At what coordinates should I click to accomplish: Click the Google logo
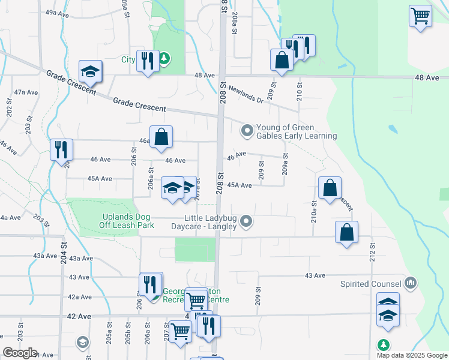point(20,353)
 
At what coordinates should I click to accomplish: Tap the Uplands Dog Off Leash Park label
point(127,220)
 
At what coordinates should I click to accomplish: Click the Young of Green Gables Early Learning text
point(297,131)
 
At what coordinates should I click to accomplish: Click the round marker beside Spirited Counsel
point(411,282)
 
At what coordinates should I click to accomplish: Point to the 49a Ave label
point(55,12)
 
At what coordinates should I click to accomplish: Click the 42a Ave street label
point(80,297)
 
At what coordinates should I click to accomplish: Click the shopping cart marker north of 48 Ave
point(420,15)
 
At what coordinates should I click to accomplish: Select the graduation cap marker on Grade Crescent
point(90,71)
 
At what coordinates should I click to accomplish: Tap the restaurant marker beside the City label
point(146,60)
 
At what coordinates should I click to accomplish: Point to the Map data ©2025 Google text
point(412,355)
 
